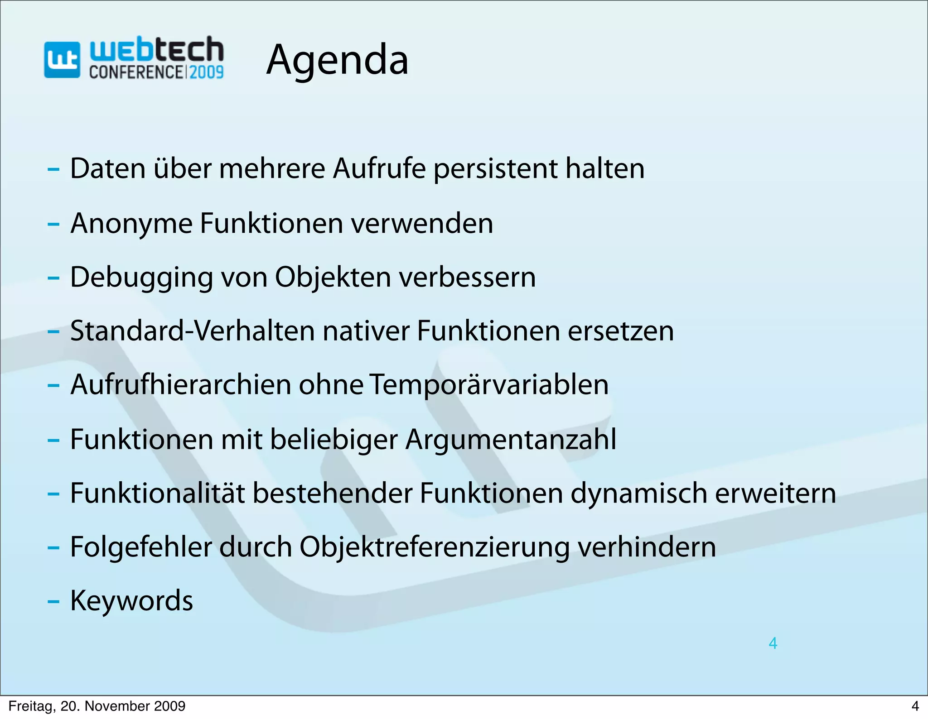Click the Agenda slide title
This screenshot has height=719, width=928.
pos(338,60)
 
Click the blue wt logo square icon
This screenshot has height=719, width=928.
pos(62,60)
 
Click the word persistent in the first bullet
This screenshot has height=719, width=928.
pos(495,169)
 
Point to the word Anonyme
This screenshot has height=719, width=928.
pos(131,224)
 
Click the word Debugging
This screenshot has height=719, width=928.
pos(141,278)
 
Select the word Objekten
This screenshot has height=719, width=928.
pos(333,277)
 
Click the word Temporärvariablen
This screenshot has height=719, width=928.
pos(488,385)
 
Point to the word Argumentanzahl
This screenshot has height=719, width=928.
pos(511,439)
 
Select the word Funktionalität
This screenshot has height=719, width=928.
pos(157,493)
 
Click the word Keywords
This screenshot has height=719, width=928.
pos(131,601)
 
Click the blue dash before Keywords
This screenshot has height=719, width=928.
pos(53,602)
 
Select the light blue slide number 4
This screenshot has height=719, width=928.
pos(773,643)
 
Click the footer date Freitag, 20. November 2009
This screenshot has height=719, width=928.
pos(97,706)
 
